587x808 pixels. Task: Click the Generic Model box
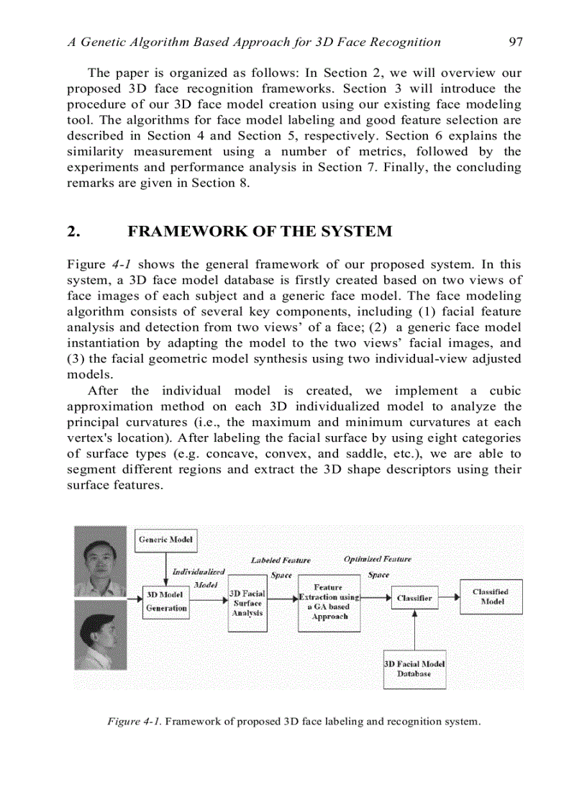pos(165,540)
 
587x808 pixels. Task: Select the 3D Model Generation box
pos(166,602)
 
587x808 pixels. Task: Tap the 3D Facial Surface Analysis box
pos(247,603)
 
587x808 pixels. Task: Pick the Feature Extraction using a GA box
pos(329,602)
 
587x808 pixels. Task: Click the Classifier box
pos(414,597)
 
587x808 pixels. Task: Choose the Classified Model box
pos(491,596)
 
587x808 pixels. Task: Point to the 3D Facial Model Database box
pos(414,668)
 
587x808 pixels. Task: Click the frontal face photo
pos(101,560)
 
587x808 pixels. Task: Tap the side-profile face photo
pos(101,635)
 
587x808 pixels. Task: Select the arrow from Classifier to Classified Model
pos(448,596)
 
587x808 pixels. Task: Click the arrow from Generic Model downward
pos(166,568)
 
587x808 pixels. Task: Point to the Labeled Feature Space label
pos(281,567)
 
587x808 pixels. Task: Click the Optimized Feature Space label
pos(378,566)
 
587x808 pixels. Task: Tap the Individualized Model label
pos(199,578)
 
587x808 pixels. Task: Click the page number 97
pos(515,42)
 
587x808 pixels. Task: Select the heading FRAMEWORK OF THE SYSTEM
pos(260,232)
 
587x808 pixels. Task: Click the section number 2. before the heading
pos(73,232)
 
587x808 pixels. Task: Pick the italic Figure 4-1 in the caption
pos(135,721)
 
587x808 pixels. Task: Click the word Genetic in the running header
pos(105,42)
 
